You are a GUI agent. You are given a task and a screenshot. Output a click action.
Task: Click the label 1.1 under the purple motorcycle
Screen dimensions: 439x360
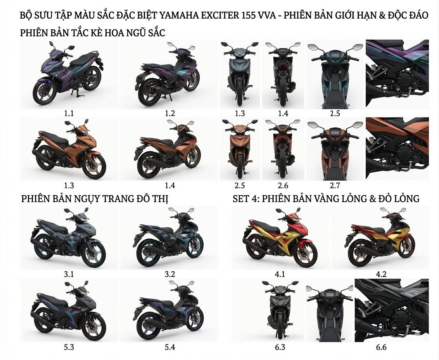click(x=69, y=113)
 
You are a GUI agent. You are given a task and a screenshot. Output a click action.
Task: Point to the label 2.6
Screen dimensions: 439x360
click(x=283, y=185)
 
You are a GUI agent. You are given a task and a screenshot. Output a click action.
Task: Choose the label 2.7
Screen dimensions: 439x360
click(x=335, y=185)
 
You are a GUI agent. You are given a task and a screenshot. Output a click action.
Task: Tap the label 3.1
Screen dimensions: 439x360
click(x=69, y=274)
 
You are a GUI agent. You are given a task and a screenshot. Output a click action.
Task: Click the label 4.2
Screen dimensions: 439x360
click(x=381, y=274)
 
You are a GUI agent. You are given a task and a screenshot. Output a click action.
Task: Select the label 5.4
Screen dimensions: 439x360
click(x=169, y=348)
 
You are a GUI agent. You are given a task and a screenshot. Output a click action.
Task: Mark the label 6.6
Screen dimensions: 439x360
click(x=381, y=348)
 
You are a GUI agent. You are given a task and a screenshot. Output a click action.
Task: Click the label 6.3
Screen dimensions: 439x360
click(x=280, y=348)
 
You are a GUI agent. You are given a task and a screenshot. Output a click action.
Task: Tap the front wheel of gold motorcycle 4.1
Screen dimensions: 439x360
click(x=306, y=255)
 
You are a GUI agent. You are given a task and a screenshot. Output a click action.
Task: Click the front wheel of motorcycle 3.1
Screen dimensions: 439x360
click(x=94, y=255)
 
